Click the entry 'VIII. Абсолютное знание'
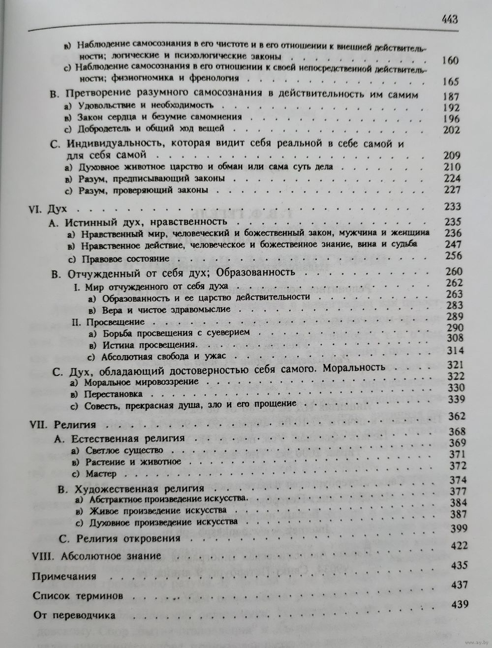(96, 556)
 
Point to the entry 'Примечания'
(64, 576)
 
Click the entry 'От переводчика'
(74, 616)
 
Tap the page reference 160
(450, 62)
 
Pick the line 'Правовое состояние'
(125, 258)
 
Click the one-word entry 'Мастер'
(101, 474)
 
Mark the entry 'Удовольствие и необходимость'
(145, 105)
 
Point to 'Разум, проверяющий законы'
(143, 190)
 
